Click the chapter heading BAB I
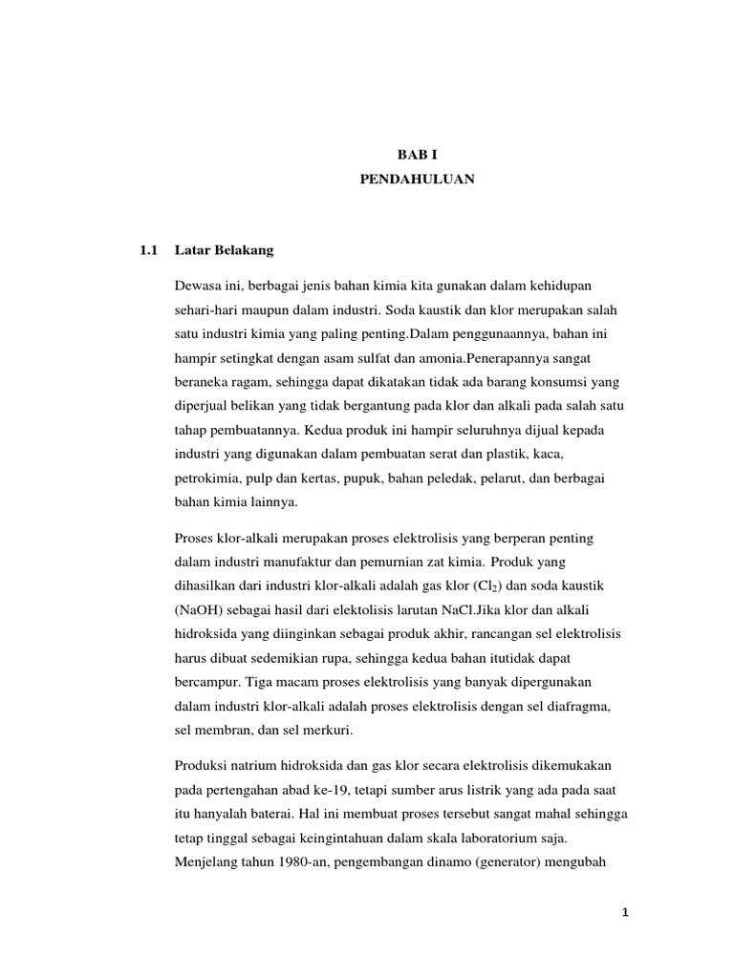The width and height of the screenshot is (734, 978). click(416, 153)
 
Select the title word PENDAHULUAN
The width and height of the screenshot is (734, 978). click(416, 179)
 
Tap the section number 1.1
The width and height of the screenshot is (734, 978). click(147, 250)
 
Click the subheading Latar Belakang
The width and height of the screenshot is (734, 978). click(225, 250)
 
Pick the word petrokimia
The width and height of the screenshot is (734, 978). click(208, 478)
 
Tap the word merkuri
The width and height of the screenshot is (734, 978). click(327, 729)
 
